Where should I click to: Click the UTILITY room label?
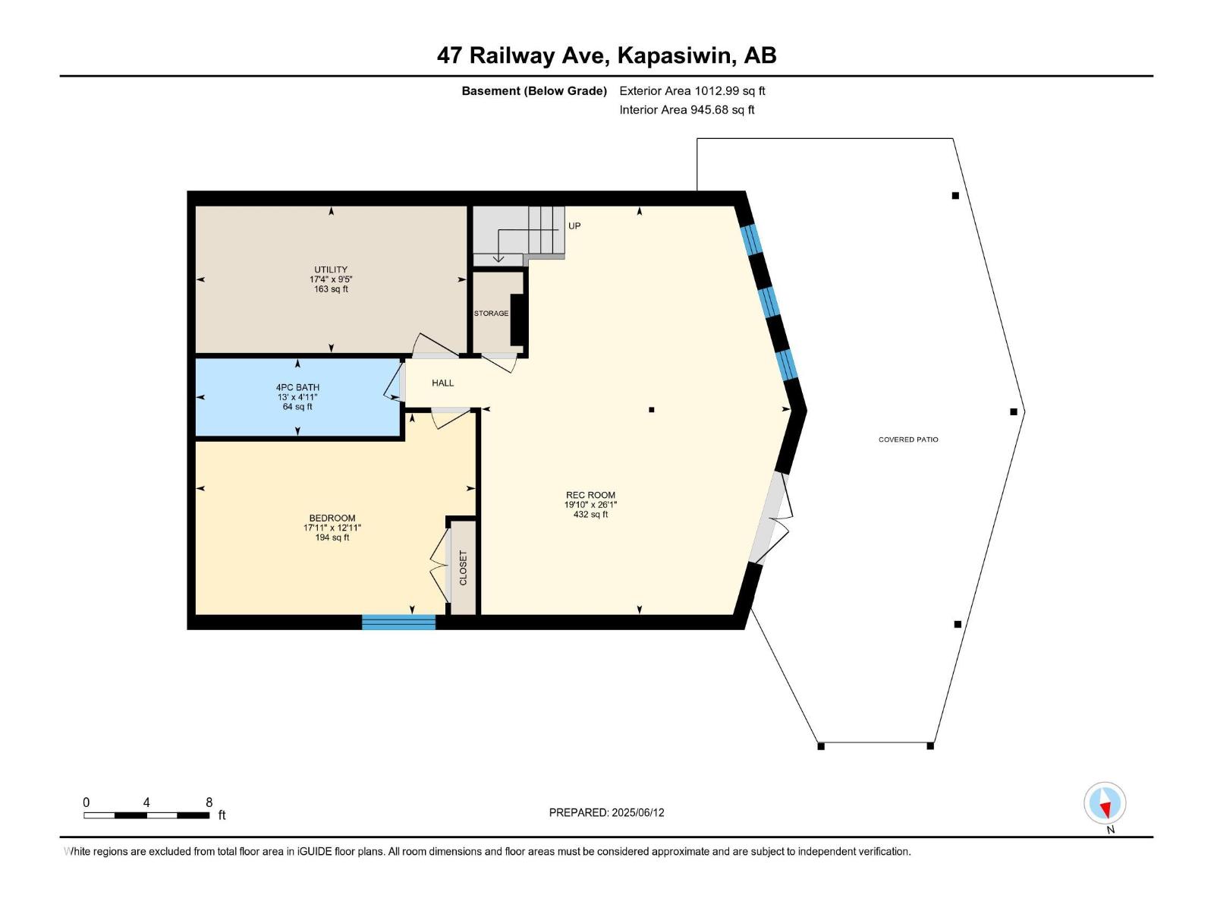[331, 270]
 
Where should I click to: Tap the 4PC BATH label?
[297, 388]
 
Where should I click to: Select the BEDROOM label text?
[332, 519]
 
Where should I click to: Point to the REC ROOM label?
[590, 495]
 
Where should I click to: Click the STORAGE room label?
[491, 313]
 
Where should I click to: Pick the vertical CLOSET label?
[464, 568]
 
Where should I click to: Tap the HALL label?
[442, 383]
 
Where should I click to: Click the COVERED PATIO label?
[908, 440]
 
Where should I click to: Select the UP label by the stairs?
[574, 225]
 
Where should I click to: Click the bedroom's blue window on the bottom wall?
[399, 623]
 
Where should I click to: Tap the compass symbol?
[1105, 803]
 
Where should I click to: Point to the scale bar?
[146, 815]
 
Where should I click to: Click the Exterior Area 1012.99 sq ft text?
[692, 90]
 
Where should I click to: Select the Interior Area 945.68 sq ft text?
[687, 109]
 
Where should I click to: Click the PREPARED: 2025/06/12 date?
[606, 812]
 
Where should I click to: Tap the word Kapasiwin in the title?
[676, 56]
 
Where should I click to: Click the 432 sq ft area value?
[590, 515]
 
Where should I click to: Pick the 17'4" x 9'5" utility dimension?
[331, 279]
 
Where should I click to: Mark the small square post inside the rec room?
[652, 410]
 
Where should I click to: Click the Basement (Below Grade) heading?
[534, 90]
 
